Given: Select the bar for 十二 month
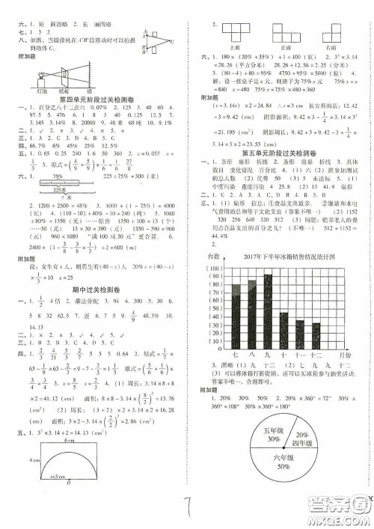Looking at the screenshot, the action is (316, 333).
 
